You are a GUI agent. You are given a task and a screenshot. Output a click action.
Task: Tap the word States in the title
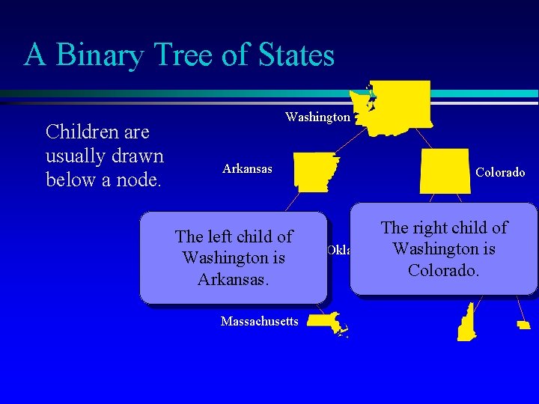coord(289,55)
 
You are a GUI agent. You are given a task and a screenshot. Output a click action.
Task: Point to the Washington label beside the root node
coord(317,117)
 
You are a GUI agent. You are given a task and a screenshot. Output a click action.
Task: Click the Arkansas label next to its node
coord(248,169)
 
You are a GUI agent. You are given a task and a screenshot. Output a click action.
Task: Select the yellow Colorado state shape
coord(445,171)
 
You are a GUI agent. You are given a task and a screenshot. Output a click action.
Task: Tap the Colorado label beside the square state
coord(500,173)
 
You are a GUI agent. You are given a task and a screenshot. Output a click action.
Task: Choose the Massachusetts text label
coord(260,322)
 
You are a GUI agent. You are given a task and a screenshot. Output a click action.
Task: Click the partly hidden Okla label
coord(338,250)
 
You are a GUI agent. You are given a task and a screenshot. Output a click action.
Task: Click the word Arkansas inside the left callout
coord(233,279)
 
